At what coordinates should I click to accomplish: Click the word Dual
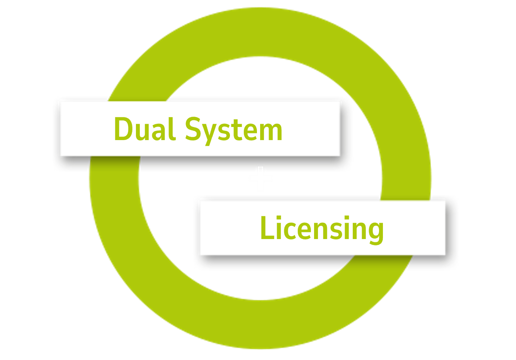tap(145, 129)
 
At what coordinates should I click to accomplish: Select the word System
tap(234, 130)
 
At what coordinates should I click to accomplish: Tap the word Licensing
tap(322, 228)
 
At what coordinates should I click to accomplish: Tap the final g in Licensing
tap(375, 232)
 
